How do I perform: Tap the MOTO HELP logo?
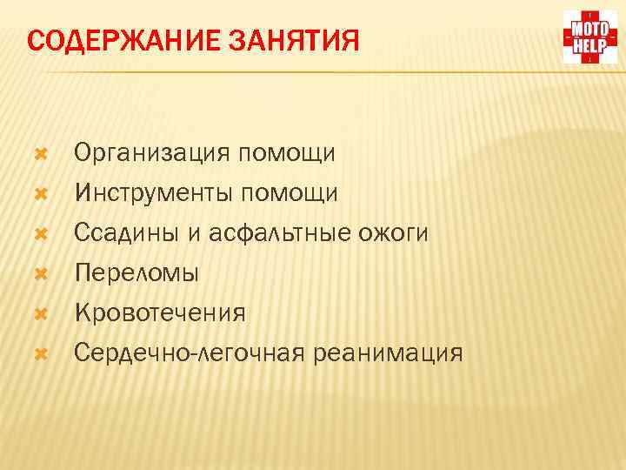pyautogui.click(x=589, y=37)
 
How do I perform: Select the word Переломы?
pyautogui.click(x=137, y=272)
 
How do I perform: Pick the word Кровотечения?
pyautogui.click(x=160, y=312)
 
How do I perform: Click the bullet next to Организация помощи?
pyautogui.click(x=37, y=154)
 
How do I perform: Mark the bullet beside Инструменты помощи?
pyautogui.click(x=37, y=192)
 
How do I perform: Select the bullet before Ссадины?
pyautogui.click(x=37, y=233)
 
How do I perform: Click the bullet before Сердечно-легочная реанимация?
pyautogui.click(x=37, y=353)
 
